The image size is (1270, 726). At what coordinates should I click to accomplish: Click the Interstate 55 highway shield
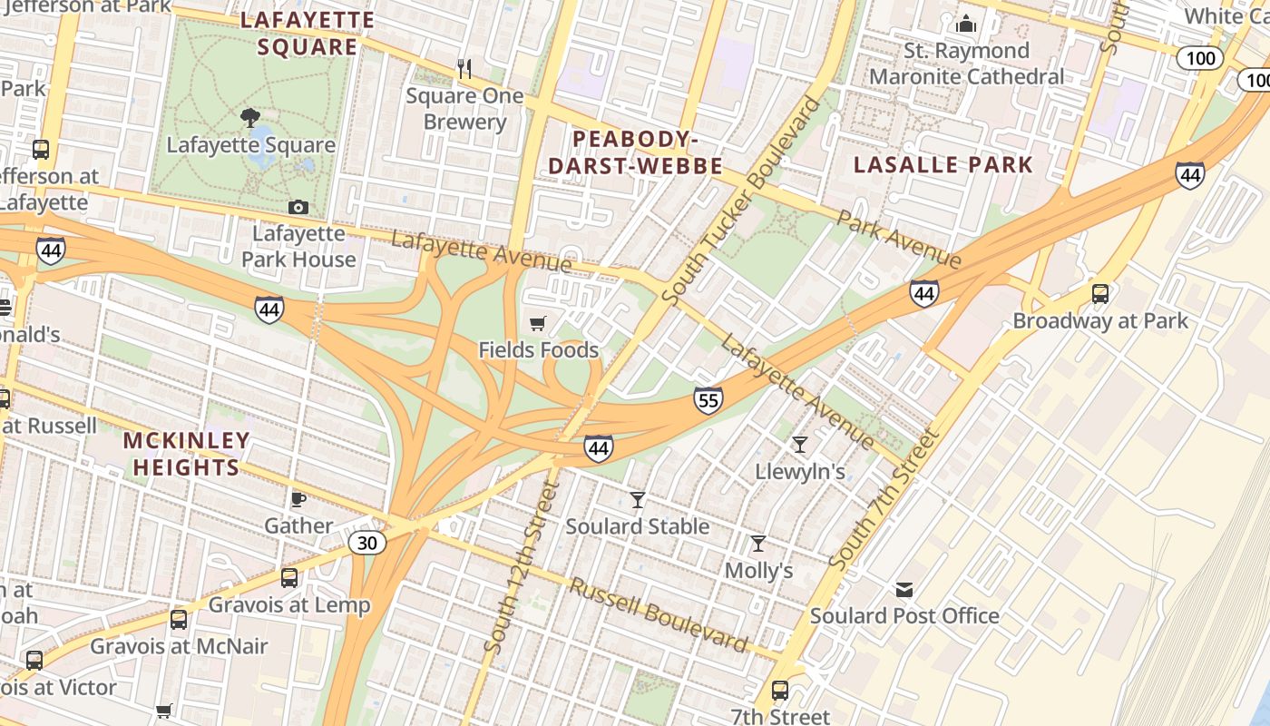pyautogui.click(x=708, y=399)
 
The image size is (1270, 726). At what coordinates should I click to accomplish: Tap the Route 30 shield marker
pyautogui.click(x=367, y=543)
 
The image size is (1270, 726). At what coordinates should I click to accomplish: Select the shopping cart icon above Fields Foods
pyautogui.click(x=538, y=323)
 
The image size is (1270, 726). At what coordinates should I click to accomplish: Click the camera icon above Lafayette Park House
pyautogui.click(x=298, y=208)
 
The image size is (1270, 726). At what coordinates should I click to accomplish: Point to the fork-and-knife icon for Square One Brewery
pyautogui.click(x=464, y=69)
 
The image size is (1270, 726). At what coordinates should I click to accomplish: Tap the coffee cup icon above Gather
pyautogui.click(x=298, y=499)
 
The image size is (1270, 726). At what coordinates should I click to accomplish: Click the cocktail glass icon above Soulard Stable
pyautogui.click(x=638, y=500)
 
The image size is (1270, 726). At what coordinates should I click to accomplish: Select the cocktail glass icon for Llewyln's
pyautogui.click(x=799, y=445)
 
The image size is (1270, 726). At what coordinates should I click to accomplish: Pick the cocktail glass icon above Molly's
pyautogui.click(x=758, y=544)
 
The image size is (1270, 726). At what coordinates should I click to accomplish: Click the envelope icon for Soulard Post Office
pyautogui.click(x=904, y=590)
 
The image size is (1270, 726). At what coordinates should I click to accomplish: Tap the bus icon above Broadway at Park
pyautogui.click(x=1100, y=294)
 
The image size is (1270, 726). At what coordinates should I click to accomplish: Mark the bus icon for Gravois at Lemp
pyautogui.click(x=289, y=578)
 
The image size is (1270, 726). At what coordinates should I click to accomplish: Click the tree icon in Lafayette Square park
pyautogui.click(x=250, y=118)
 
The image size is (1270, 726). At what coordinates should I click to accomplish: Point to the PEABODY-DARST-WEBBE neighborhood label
pyautogui.click(x=635, y=152)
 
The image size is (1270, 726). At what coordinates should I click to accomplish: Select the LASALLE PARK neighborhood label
pyautogui.click(x=943, y=164)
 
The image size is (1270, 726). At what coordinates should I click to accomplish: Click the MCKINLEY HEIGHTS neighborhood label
pyautogui.click(x=186, y=454)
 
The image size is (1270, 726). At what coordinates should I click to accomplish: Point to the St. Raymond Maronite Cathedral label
pyautogui.click(x=966, y=64)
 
